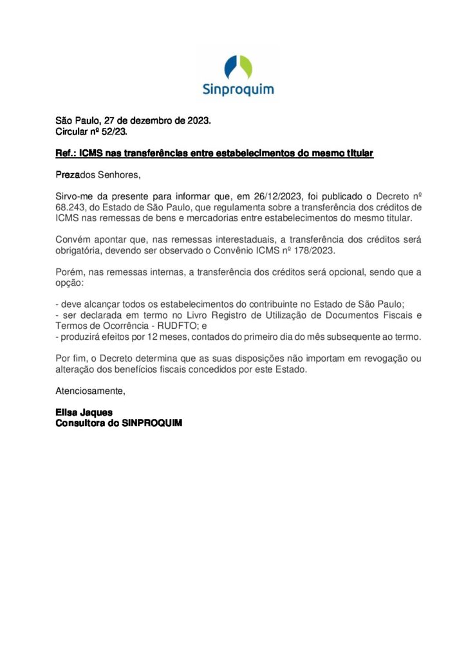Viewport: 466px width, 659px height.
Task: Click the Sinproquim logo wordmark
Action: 238,89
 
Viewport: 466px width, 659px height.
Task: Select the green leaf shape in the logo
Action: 245,66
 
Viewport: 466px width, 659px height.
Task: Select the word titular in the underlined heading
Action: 357,153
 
